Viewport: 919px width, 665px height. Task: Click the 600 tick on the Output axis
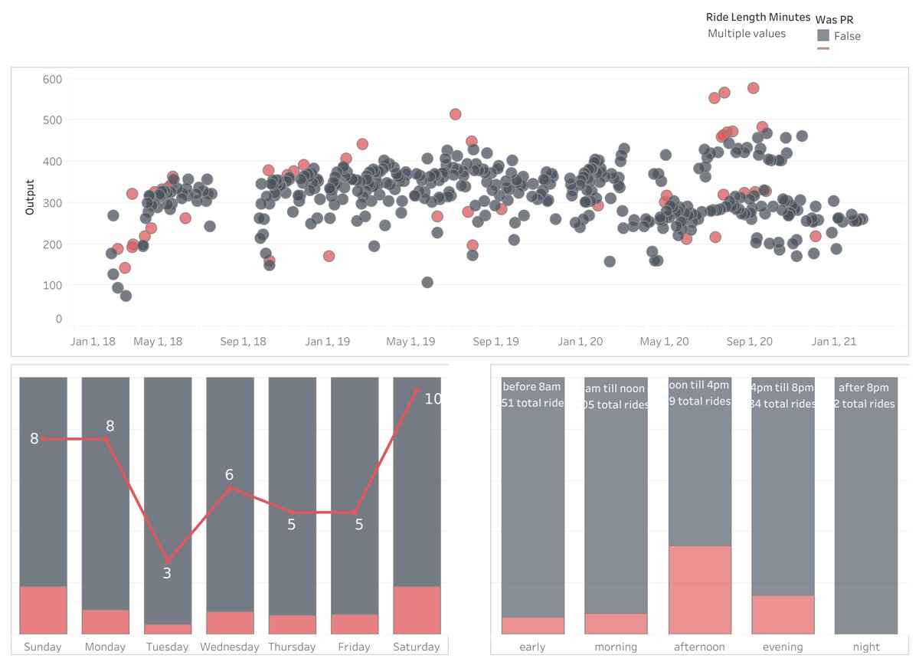pos(53,79)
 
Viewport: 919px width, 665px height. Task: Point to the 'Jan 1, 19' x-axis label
pos(328,342)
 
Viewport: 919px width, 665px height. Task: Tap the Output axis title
pos(30,197)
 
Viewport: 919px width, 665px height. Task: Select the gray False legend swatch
pos(823,36)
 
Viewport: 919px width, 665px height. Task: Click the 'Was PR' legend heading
pos(834,19)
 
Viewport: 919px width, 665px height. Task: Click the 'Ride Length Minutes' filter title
pos(757,17)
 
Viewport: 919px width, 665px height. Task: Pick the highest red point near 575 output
pos(753,88)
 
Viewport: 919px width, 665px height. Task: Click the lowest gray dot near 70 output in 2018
pos(126,296)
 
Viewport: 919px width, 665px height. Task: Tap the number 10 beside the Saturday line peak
pos(432,399)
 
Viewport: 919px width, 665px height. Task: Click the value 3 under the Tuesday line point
pos(167,572)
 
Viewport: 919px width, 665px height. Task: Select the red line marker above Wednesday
pos(230,487)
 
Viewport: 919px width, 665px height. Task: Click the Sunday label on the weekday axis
pos(43,647)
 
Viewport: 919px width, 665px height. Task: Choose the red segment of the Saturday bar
pos(417,610)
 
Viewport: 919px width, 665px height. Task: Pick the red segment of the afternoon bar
pos(699,590)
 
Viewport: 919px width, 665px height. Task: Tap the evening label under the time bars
pos(782,647)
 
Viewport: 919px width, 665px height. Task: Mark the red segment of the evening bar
pos(783,614)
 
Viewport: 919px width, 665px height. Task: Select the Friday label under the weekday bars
pos(354,647)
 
